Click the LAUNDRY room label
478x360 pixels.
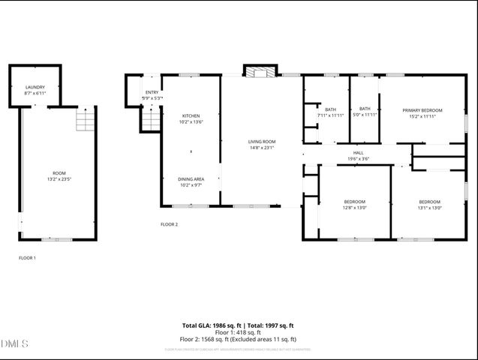click(x=35, y=87)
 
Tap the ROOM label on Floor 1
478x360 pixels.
click(x=58, y=172)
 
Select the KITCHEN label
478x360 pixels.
click(x=191, y=115)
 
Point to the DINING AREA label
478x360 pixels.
click(x=191, y=178)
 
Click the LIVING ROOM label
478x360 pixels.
click(x=262, y=141)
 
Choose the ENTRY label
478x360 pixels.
click(x=152, y=91)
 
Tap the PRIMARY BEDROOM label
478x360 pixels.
click(x=422, y=110)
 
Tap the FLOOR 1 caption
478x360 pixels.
click(x=27, y=258)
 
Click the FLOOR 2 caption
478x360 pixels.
click(x=170, y=224)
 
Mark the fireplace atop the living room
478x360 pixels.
click(x=260, y=72)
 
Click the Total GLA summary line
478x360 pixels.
click(x=238, y=325)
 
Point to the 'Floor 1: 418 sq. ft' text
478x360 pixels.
click(x=238, y=332)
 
